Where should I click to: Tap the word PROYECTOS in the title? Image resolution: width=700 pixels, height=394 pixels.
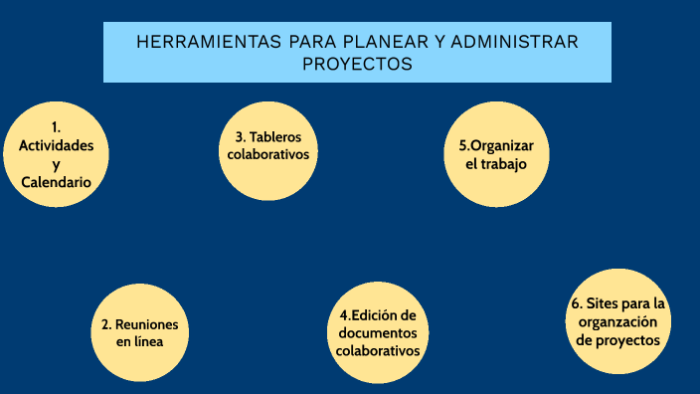(x=357, y=64)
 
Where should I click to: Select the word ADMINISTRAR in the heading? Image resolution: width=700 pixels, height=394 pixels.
(x=514, y=43)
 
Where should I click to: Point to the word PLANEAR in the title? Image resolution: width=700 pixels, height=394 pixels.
(x=380, y=43)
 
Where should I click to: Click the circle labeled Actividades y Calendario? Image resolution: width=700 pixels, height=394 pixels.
(x=56, y=154)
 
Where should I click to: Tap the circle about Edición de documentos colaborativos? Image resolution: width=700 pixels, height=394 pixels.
(x=377, y=332)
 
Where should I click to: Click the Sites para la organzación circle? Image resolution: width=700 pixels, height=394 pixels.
(x=616, y=320)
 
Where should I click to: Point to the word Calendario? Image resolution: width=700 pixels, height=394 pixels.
(x=56, y=183)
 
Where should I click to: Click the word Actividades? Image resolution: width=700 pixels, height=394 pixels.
(x=56, y=145)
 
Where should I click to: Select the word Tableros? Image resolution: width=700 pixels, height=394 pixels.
(x=275, y=136)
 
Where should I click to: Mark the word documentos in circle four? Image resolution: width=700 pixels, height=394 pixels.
(x=377, y=332)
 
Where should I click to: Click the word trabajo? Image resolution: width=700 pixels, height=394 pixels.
(x=502, y=163)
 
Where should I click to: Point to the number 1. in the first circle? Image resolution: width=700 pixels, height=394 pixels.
(x=56, y=126)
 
